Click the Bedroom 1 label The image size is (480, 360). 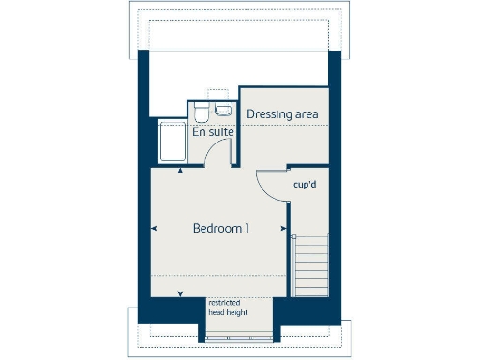220,228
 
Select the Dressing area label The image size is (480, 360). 282,113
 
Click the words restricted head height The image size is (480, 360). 225,308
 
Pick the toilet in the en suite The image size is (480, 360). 202,113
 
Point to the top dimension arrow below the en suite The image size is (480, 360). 180,172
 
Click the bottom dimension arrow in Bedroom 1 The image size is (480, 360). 180,294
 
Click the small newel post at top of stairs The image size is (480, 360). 292,234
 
